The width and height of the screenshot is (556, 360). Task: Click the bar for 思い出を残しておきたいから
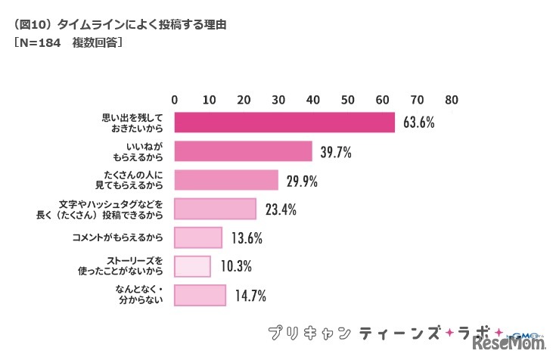(x=284, y=123)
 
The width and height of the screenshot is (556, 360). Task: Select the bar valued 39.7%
(x=243, y=151)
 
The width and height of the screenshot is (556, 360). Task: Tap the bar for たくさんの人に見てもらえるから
(x=226, y=180)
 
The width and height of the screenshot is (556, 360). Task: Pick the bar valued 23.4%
(x=215, y=209)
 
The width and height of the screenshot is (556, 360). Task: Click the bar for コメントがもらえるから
(x=198, y=237)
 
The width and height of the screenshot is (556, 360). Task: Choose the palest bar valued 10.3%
(x=192, y=266)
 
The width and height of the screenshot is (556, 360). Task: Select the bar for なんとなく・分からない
(x=200, y=295)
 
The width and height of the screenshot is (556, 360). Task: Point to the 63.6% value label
(x=418, y=123)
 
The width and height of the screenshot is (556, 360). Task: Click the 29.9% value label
(x=300, y=181)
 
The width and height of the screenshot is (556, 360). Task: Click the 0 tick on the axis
(x=175, y=99)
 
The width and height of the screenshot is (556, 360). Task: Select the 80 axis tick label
(x=452, y=99)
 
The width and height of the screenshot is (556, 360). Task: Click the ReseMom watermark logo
(x=511, y=344)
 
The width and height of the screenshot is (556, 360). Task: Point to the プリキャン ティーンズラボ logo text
(x=378, y=334)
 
